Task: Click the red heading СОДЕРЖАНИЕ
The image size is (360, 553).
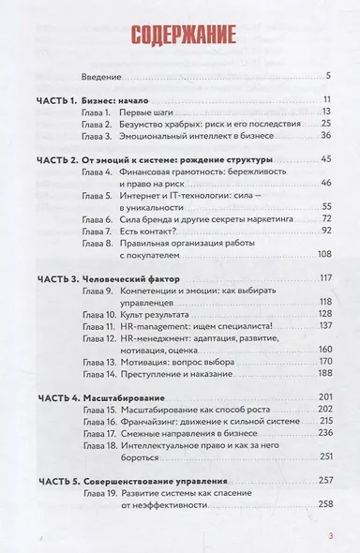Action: [x=178, y=40]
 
